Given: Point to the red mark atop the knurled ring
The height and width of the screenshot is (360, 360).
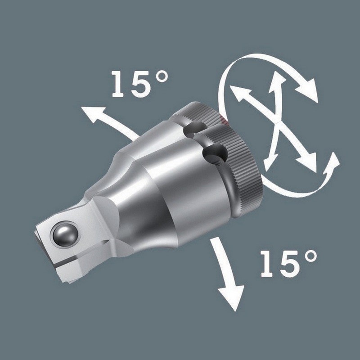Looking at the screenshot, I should (224, 120).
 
